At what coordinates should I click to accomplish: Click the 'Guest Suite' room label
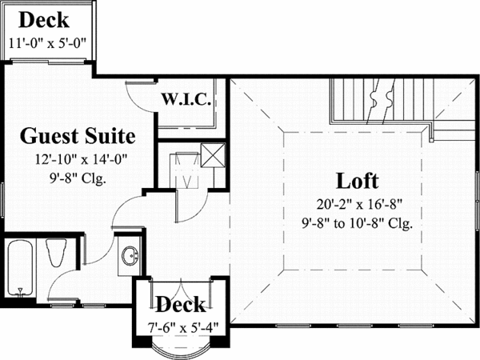point(77,134)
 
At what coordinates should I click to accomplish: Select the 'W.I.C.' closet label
point(186,100)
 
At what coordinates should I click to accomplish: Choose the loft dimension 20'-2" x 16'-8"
point(358,204)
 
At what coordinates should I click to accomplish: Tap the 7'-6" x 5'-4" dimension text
point(180,326)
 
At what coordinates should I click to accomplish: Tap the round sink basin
point(129,256)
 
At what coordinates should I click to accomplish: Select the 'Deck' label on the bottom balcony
point(180,304)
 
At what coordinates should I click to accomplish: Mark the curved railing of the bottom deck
point(180,352)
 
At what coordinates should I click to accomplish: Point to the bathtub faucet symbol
point(18,290)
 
